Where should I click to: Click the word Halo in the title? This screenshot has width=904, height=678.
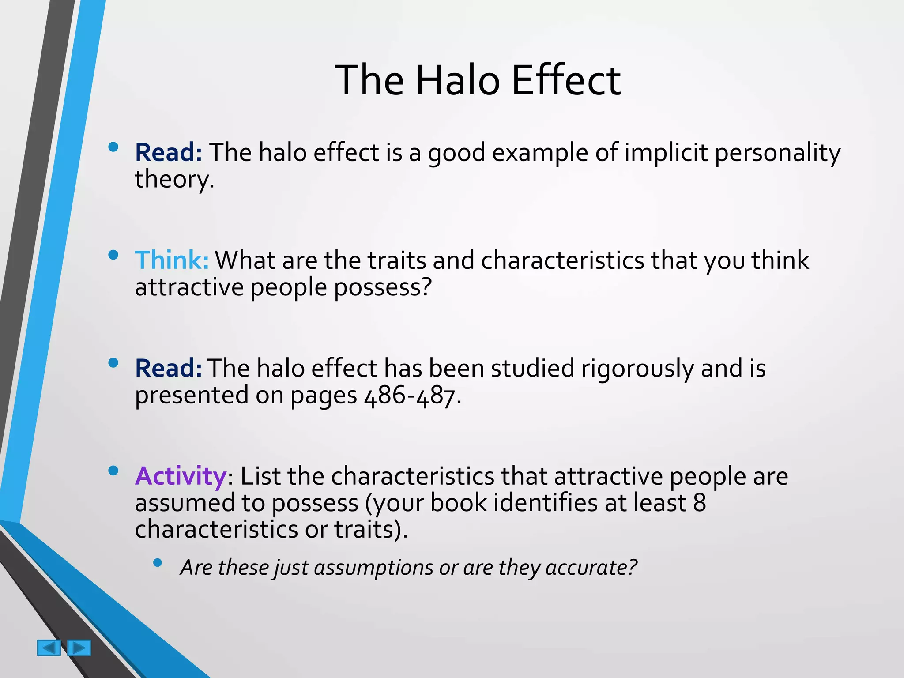tap(457, 80)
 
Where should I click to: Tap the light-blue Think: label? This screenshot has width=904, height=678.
tap(171, 260)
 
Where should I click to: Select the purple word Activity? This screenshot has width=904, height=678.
tap(181, 476)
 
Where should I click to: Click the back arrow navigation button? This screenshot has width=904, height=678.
tap(49, 648)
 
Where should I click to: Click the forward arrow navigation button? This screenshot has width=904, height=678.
tap(79, 648)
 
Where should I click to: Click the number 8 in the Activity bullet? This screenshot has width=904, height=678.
tap(700, 503)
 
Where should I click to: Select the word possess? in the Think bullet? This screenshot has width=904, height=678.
tap(382, 287)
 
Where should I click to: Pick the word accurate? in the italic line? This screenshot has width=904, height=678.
tap(591, 568)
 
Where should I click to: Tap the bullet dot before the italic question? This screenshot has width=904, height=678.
tap(158, 562)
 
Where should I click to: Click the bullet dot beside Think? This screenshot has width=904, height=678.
tap(113, 255)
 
